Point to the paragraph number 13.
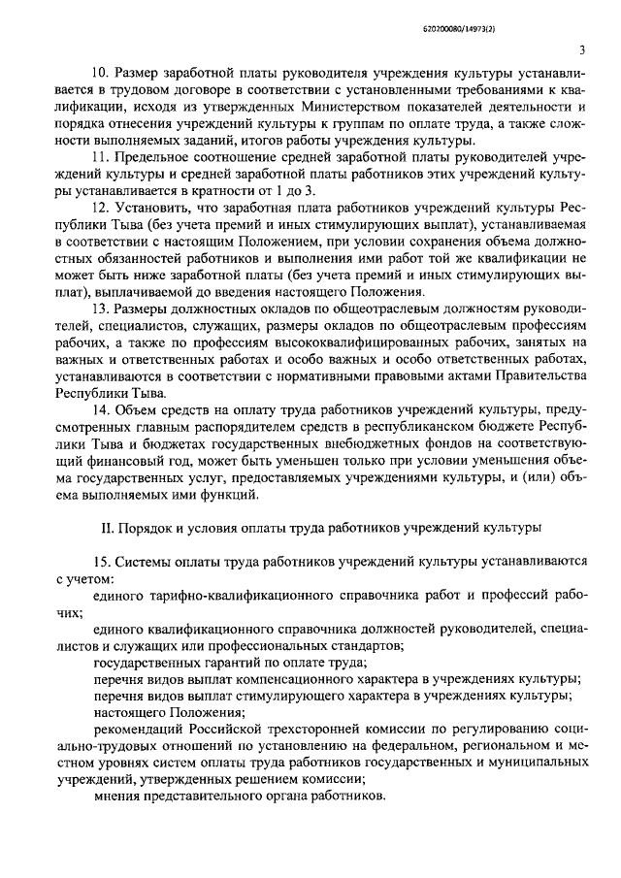tap(99, 309)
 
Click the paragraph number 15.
tap(99, 563)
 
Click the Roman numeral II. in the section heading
tap(108, 529)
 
